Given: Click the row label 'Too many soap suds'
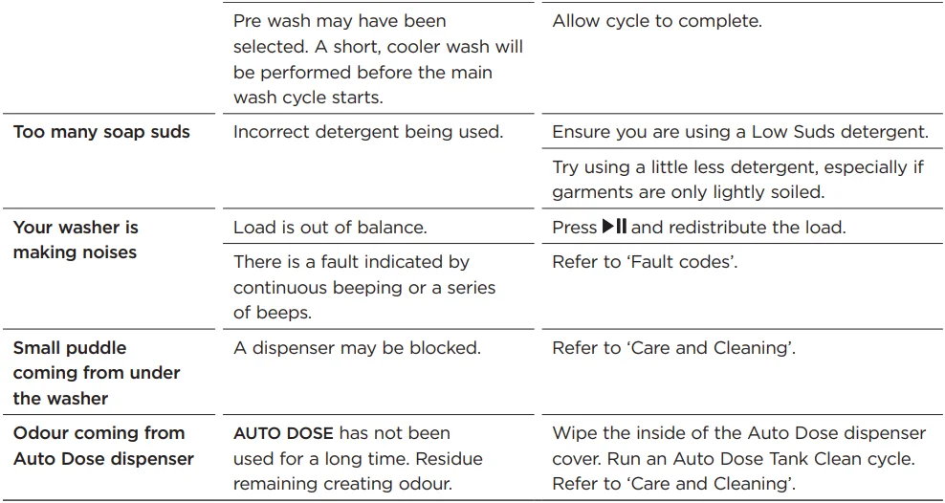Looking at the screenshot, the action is pyautogui.click(x=101, y=132).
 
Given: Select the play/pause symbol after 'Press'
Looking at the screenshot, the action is pyautogui.click(x=615, y=227).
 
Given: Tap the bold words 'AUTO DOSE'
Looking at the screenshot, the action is pyautogui.click(x=283, y=433).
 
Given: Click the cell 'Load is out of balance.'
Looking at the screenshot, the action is pyautogui.click(x=330, y=227).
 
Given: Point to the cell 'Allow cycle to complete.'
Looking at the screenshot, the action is pyautogui.click(x=657, y=22).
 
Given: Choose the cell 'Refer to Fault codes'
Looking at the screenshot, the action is pyautogui.click(x=645, y=262).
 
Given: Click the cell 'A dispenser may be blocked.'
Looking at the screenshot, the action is pyautogui.click(x=357, y=348).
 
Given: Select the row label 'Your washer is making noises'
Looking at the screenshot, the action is pyautogui.click(x=76, y=240).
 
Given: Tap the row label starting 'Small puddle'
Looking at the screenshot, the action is pyautogui.click(x=97, y=373).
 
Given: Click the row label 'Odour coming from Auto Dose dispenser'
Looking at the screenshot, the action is pyautogui.click(x=103, y=446).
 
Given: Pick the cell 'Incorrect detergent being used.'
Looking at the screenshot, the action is pyautogui.click(x=367, y=132).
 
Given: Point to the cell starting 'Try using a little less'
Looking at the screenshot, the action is pyautogui.click(x=737, y=180).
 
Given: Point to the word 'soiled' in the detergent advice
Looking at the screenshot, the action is pyautogui.click(x=798, y=192).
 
